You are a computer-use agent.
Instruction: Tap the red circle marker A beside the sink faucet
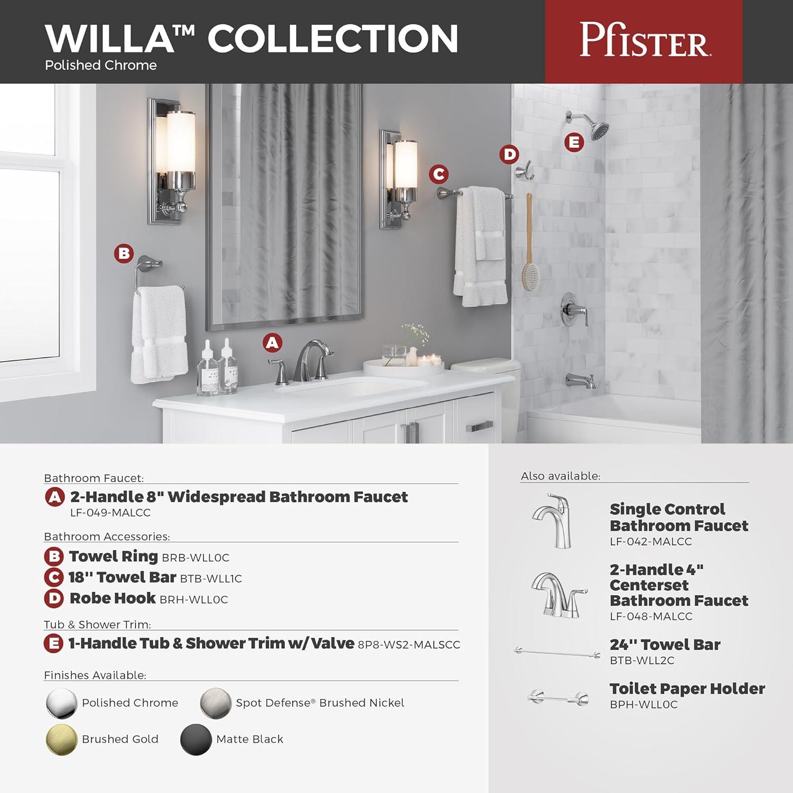pos(272,343)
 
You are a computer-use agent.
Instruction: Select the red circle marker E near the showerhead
pos(574,142)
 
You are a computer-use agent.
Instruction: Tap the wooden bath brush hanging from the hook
pos(528,248)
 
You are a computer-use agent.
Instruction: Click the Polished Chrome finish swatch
pos(61,703)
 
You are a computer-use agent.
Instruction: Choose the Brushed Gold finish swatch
pos(61,739)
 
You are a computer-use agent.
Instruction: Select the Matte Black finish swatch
pos(196,739)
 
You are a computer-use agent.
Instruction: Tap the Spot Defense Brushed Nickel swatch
pos(216,703)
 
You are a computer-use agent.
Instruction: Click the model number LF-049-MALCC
pos(110,513)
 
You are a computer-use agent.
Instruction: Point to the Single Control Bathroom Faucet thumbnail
pos(552,520)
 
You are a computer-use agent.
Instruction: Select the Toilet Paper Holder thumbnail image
pos(558,698)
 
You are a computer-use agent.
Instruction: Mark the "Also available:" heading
pos(560,476)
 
